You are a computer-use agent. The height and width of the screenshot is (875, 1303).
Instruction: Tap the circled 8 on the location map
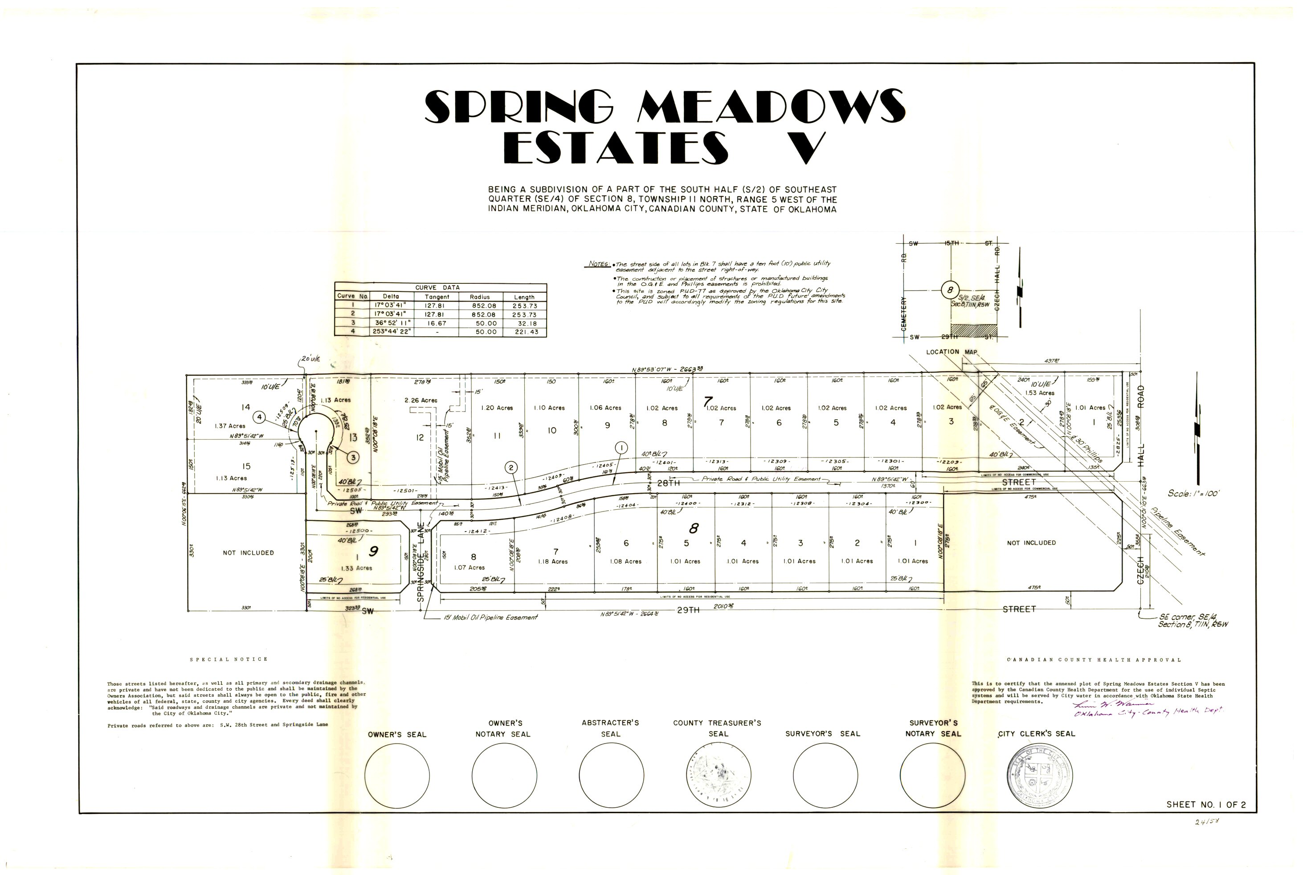click(950, 290)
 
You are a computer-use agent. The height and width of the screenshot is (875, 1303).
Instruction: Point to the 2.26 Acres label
click(421, 400)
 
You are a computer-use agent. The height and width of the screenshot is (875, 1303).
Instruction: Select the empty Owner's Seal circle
click(397, 775)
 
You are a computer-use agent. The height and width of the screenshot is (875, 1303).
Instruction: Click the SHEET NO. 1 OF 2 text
click(1205, 804)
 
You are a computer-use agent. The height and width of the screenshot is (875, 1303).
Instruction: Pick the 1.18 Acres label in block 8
click(552, 561)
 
